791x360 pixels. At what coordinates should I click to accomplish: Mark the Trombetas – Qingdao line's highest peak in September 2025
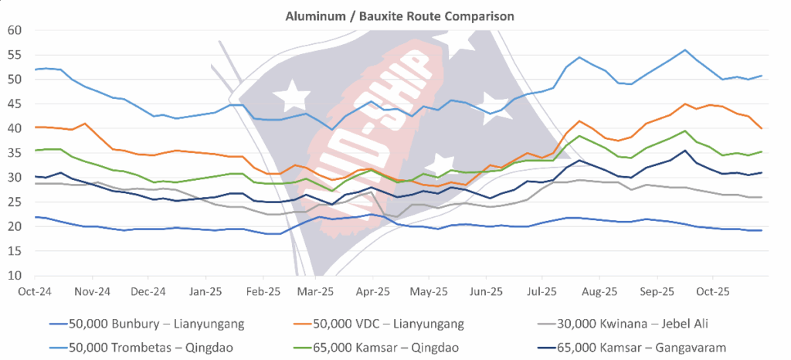point(685,50)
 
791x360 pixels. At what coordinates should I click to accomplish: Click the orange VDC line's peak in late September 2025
point(685,104)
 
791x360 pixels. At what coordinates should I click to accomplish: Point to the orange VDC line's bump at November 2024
point(85,124)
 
